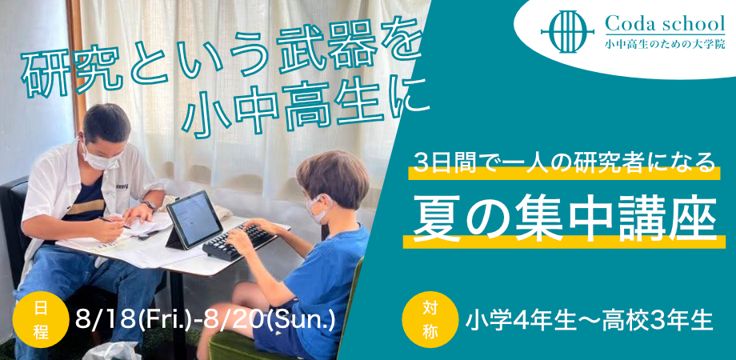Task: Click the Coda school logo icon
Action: tap(567, 31)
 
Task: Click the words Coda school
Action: tap(665, 23)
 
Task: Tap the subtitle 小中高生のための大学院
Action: tap(665, 45)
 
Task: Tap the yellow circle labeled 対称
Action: tap(430, 319)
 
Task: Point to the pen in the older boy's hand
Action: tap(114, 222)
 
